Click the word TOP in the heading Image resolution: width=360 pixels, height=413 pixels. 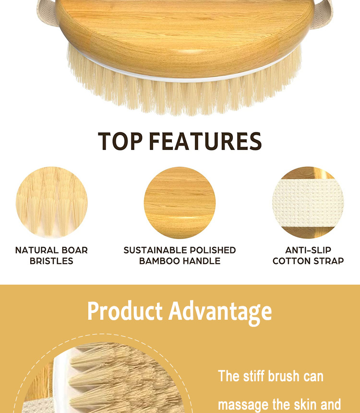(x=120, y=141)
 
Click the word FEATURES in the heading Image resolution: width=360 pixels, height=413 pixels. (x=205, y=141)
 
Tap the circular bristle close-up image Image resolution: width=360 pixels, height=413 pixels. (x=51, y=202)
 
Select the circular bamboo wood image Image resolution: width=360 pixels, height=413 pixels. (x=180, y=202)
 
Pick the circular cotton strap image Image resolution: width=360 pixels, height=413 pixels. (x=308, y=202)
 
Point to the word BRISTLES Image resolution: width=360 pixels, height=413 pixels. (x=51, y=261)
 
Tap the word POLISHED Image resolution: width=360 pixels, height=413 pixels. (x=213, y=250)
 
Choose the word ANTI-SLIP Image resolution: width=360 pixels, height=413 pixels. (x=308, y=250)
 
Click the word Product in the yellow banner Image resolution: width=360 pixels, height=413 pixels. (x=125, y=311)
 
